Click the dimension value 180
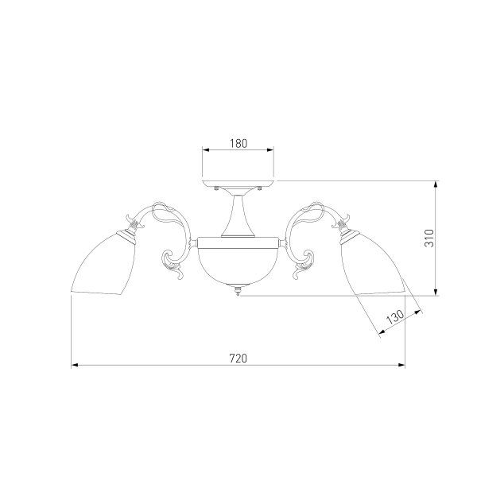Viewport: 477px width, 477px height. pos(238,143)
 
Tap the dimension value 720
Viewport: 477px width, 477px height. pos(238,359)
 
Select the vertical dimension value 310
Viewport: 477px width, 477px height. pos(429,238)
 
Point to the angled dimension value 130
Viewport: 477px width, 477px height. pos(395,317)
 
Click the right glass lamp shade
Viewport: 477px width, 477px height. pos(374,265)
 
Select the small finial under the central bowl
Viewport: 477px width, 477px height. pos(238,290)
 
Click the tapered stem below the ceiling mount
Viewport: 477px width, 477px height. pos(238,216)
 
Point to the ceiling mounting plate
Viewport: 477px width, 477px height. pos(238,184)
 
